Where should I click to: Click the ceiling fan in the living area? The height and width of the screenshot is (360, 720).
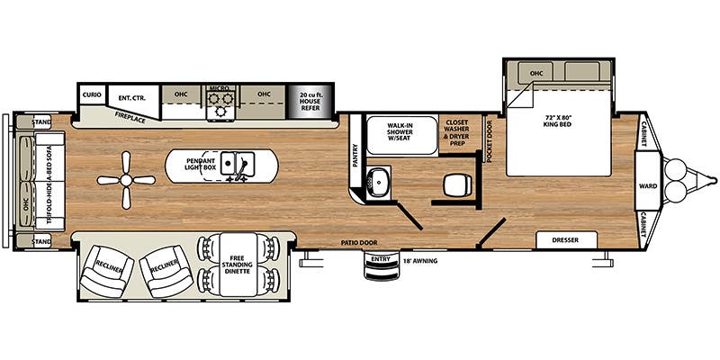(126, 179)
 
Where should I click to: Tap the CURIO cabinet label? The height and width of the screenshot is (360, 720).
(91, 94)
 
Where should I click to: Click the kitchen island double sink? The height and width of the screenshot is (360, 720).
(240, 164)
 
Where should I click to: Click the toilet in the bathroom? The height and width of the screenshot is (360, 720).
(455, 184)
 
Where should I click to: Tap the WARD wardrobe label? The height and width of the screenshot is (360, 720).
(647, 186)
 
